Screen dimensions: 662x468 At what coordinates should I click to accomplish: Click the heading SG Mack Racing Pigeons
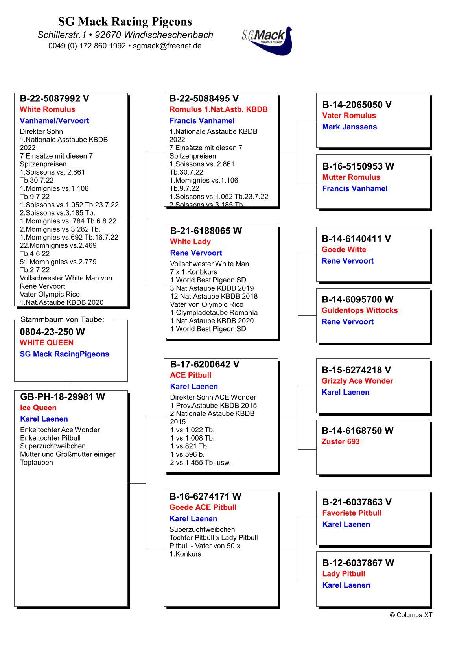tap(125, 21)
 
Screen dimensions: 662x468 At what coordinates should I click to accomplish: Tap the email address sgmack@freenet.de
tap(167, 46)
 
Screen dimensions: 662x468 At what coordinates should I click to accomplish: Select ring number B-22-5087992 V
tap(54, 99)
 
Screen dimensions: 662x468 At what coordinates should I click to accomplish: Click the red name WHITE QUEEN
tap(46, 343)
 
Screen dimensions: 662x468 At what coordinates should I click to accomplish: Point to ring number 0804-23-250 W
tap(52, 332)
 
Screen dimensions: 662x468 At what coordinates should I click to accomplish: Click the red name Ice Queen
tap(38, 408)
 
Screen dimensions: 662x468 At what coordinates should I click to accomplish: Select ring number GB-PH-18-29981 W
tap(63, 397)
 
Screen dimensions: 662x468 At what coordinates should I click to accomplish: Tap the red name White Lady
tap(190, 242)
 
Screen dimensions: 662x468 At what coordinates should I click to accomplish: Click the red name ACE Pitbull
tap(191, 375)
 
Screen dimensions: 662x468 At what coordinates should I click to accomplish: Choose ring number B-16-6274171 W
tap(205, 497)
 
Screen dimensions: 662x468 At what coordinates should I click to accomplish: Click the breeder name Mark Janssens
tap(350, 127)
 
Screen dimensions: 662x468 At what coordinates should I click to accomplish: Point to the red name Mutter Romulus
tap(351, 177)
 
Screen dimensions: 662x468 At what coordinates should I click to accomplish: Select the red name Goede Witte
tap(344, 250)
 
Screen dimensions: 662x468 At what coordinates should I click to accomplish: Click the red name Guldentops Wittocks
tap(359, 310)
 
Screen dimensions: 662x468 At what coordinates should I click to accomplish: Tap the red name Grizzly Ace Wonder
tap(357, 381)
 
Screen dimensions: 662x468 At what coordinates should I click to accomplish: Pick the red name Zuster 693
tap(341, 442)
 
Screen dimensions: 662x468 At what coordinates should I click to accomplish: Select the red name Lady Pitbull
tap(344, 574)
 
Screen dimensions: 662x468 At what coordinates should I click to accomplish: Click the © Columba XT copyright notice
tap(411, 615)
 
